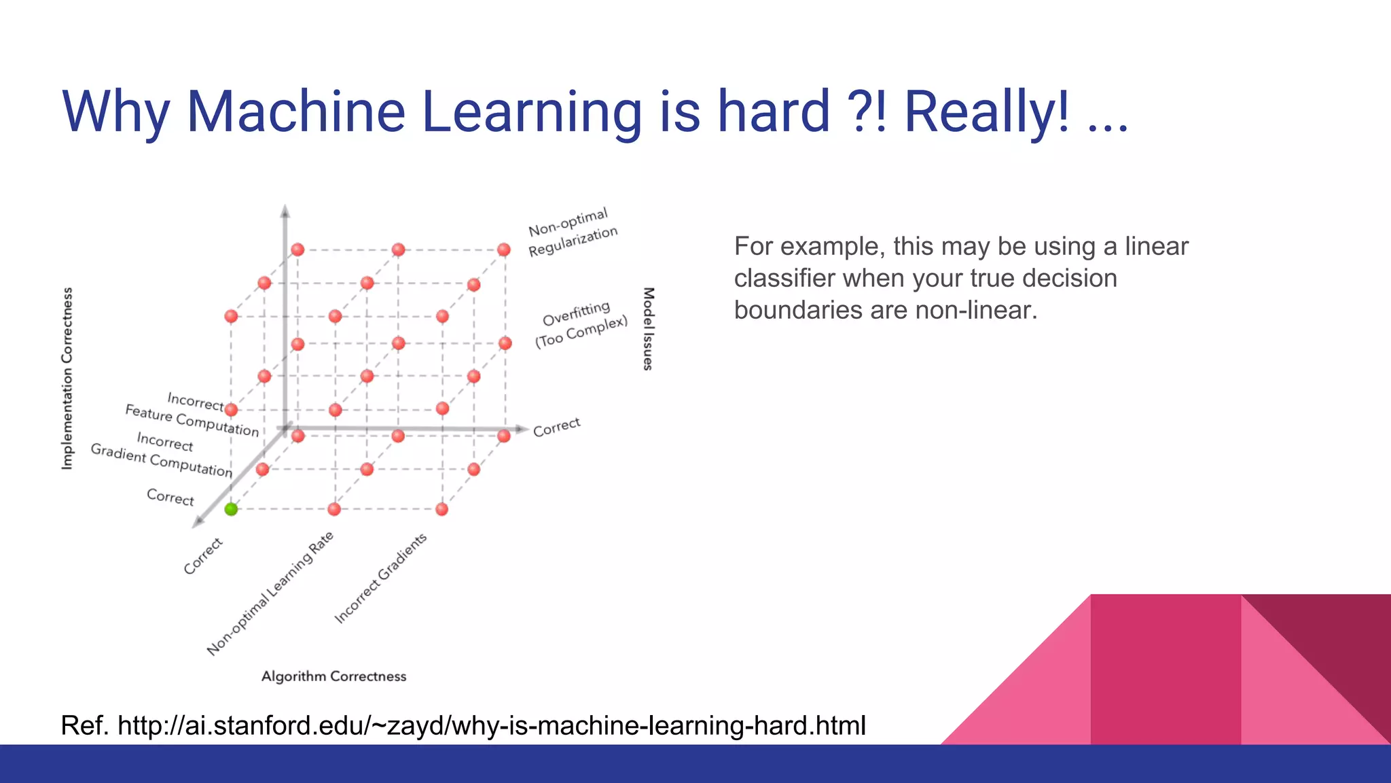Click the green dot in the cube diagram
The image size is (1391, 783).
(x=231, y=509)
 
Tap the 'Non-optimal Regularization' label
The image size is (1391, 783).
(x=572, y=232)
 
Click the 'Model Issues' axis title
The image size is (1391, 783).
(x=648, y=329)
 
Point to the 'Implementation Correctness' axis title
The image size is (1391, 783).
(x=67, y=378)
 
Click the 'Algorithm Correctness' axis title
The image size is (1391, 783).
(x=333, y=676)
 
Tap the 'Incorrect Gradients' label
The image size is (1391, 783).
(x=380, y=578)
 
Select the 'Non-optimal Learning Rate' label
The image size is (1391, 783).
(x=270, y=593)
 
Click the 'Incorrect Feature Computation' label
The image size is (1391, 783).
(x=193, y=413)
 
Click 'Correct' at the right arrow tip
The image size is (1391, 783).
(x=556, y=427)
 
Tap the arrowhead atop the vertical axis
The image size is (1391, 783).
(x=285, y=211)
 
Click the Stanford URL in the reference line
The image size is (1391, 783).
(x=492, y=726)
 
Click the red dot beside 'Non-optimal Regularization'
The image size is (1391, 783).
(x=503, y=249)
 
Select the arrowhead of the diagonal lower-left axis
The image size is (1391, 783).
(x=198, y=522)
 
